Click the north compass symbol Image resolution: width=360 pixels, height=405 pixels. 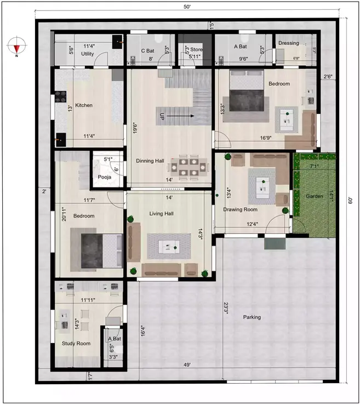(x=17, y=45)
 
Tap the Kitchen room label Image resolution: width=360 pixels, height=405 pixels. (x=84, y=105)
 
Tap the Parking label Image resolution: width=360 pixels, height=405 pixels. (x=253, y=317)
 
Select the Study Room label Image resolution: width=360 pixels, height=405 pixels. (x=76, y=344)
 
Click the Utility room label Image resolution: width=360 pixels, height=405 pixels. (x=88, y=54)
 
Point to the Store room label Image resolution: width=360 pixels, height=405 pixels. (x=196, y=49)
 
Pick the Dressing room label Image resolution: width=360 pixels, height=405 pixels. (x=288, y=43)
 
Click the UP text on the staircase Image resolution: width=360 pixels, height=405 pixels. (x=162, y=117)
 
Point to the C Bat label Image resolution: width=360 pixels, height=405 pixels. (x=147, y=50)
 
